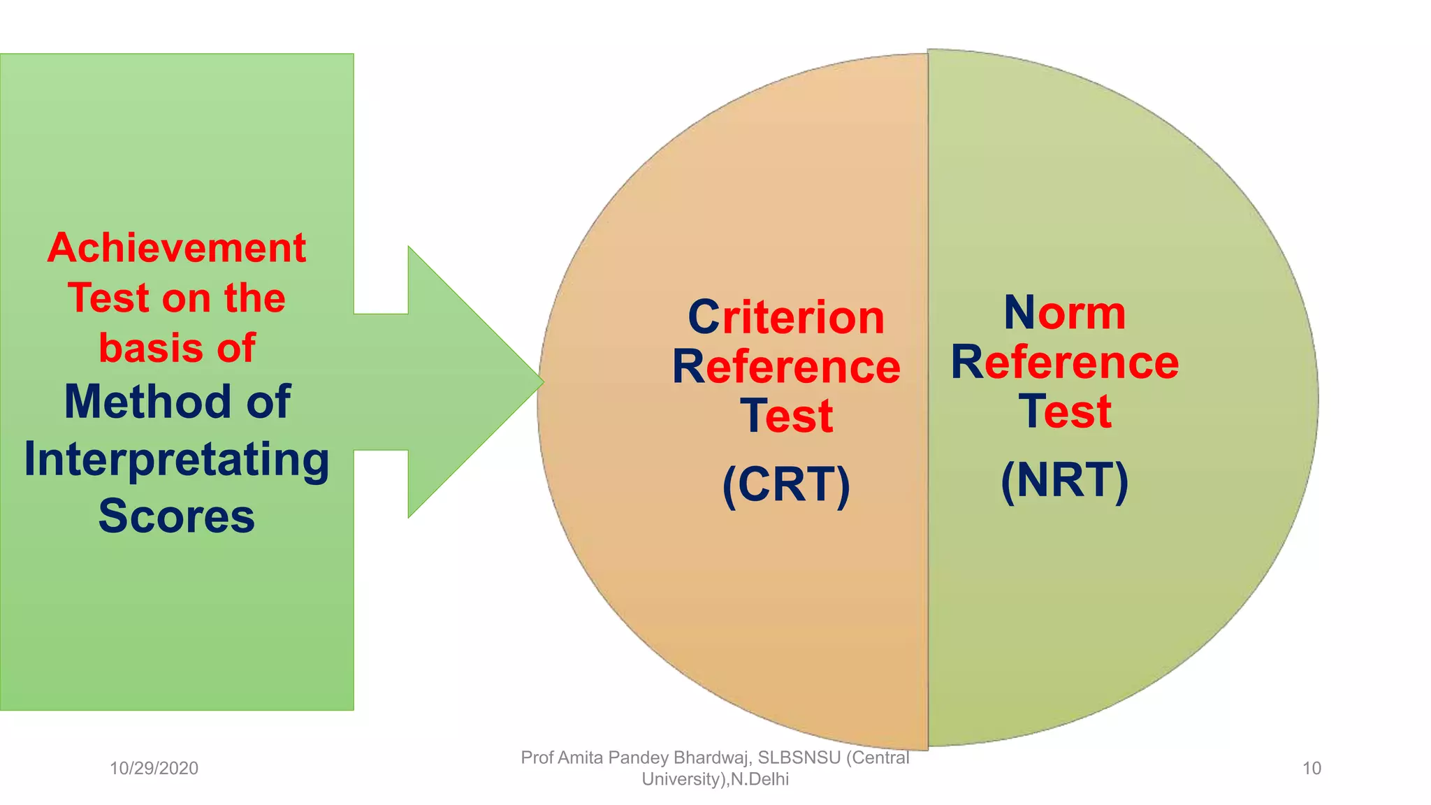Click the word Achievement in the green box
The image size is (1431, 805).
coord(176,248)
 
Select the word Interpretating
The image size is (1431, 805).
coord(176,461)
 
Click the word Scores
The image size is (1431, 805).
coord(176,516)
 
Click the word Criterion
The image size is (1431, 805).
coord(786,317)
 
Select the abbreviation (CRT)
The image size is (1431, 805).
coord(786,484)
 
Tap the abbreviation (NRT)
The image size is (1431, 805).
coord(1064,480)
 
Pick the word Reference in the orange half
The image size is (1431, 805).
coord(786,367)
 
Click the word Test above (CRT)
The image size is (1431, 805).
coord(786,416)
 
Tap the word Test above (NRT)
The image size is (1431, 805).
coord(1064,412)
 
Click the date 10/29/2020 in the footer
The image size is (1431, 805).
coord(154,769)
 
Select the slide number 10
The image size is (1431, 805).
coord(1312,769)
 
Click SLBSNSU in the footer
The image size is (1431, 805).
coord(799,757)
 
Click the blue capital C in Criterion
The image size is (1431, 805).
coord(704,318)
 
